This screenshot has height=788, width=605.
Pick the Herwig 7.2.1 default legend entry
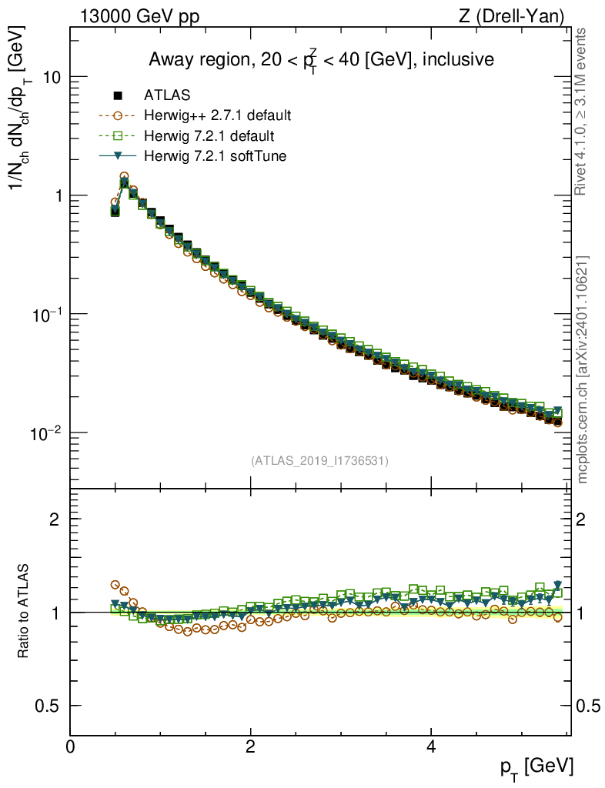(x=209, y=136)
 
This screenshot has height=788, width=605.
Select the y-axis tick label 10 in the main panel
(x=51, y=78)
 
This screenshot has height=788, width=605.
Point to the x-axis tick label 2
(x=250, y=746)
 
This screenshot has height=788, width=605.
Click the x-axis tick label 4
(x=431, y=746)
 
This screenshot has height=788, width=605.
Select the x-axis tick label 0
(x=70, y=746)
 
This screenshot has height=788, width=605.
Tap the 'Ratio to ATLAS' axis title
(x=24, y=612)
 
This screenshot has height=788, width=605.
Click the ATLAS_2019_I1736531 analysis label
(x=319, y=461)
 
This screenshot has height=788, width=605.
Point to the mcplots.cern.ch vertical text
(x=583, y=369)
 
